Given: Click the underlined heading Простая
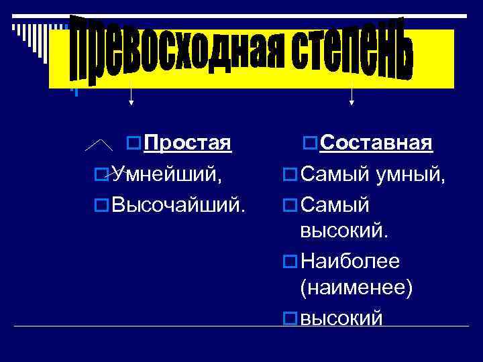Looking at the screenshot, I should click(188, 143).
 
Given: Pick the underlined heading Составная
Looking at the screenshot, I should click(376, 143).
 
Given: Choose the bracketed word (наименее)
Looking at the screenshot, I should click(356, 288).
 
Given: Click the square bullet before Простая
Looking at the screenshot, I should click(133, 143).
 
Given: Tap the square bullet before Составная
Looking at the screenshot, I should click(310, 143).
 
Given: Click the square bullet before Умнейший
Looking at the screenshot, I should click(101, 175).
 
